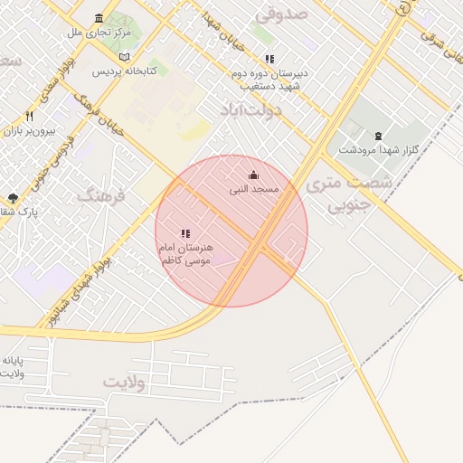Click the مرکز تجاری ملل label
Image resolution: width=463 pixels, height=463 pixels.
point(99,33)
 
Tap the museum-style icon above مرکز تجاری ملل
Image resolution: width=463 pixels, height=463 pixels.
point(99,18)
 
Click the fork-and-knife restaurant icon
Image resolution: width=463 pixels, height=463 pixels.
point(29,116)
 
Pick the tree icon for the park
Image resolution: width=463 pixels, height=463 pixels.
point(12,198)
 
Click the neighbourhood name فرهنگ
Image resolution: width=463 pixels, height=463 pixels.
point(99,194)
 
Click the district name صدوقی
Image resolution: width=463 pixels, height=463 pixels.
point(282,14)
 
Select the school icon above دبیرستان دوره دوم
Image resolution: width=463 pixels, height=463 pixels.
point(269,59)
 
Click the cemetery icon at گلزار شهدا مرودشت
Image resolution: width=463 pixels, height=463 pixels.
point(378,136)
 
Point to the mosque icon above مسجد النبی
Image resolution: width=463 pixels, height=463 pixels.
point(253,175)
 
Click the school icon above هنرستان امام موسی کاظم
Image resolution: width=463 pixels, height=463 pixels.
point(185,233)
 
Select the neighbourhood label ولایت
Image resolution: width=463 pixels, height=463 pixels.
point(124,382)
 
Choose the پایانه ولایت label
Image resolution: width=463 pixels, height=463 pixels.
point(13,367)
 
